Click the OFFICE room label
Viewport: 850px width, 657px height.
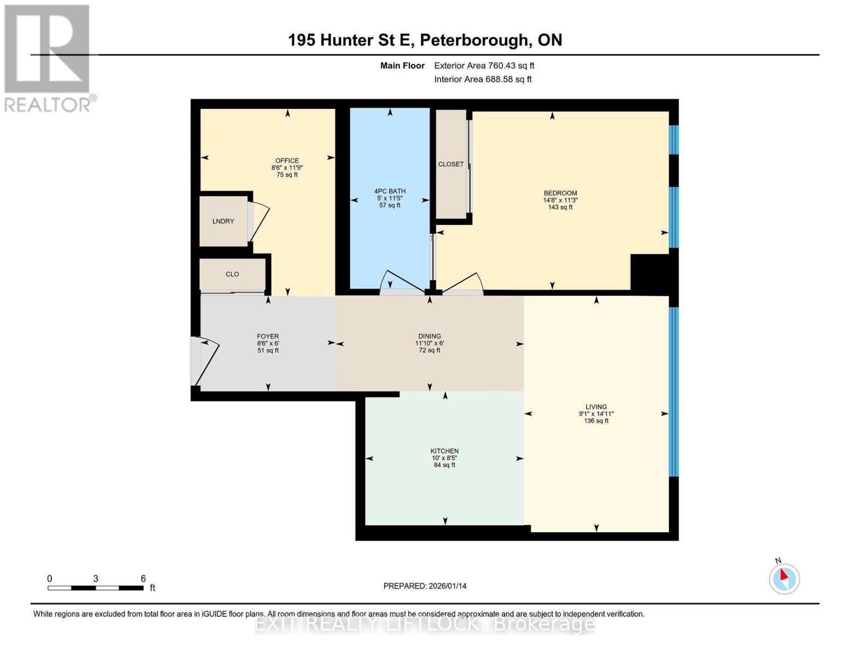pos(287,160)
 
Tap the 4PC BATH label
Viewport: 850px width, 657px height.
pos(390,191)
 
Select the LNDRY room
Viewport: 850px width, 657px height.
pos(223,221)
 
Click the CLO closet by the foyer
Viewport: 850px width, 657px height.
pos(232,274)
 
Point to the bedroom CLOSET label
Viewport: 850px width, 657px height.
pos(451,164)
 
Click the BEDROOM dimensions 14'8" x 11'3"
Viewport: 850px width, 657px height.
pos(560,200)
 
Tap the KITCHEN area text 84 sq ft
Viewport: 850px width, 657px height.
pos(444,465)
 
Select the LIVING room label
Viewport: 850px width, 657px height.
pos(596,407)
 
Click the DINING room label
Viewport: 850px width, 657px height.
pos(429,336)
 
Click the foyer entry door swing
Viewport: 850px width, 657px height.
pos(207,361)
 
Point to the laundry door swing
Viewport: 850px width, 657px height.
pos(259,222)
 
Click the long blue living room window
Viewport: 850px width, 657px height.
pos(674,391)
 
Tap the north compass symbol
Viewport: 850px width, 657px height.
pos(784,578)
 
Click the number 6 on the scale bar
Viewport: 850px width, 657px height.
pos(143,579)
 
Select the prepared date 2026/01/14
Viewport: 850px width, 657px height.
pos(425,586)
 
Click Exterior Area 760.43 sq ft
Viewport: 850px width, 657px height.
pos(484,66)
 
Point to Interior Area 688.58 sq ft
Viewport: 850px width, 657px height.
pos(483,79)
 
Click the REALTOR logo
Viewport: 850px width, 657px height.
pos(48,57)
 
